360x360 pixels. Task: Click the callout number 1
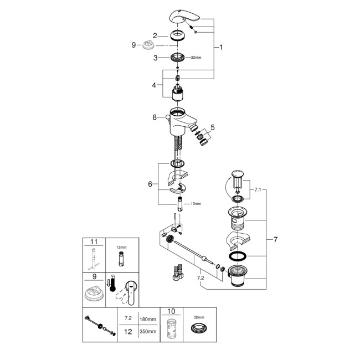pyautogui.click(x=221, y=48)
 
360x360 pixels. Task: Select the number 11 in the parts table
pyautogui.click(x=94, y=241)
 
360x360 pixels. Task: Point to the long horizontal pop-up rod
pyautogui.click(x=191, y=249)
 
